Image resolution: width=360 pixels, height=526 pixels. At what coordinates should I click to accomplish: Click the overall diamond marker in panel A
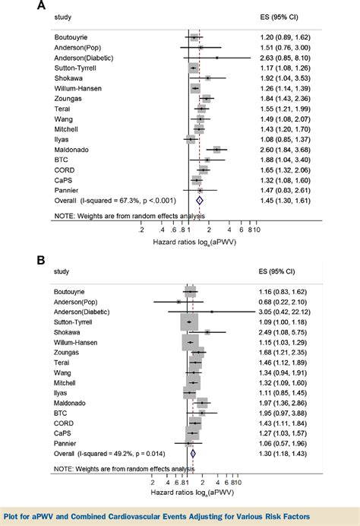[200, 200]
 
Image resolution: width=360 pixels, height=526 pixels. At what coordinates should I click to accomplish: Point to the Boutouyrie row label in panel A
[74, 36]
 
